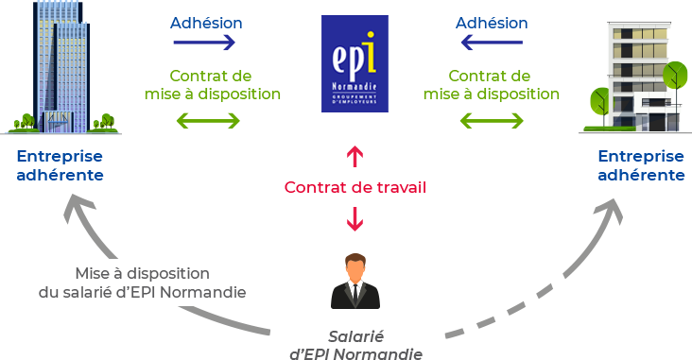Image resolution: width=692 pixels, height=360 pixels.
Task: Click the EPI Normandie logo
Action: pos(355,63)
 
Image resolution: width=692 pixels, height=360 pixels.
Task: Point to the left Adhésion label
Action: pos(205,22)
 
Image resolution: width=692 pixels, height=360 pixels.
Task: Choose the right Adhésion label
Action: pos(491,22)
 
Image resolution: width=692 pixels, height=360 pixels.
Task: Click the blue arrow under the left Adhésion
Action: pos(204,43)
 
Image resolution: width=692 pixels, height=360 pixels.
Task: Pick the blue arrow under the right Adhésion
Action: pos(490,43)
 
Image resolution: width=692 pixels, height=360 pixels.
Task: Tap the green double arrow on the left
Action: pos(208,121)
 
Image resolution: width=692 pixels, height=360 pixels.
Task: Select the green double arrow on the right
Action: pos(492,121)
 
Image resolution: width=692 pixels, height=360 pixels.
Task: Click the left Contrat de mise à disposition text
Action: pos(213,85)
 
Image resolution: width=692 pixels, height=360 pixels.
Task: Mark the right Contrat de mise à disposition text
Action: pos(492,85)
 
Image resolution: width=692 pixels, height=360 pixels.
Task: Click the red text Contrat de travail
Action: pos(355,187)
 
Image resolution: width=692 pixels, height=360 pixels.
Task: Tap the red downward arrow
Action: pos(355,219)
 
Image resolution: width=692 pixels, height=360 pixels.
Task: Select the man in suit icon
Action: pos(355,281)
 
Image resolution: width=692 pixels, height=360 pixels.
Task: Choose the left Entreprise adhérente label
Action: pos(60,165)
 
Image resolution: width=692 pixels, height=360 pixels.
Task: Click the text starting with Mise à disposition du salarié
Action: pos(143,283)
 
